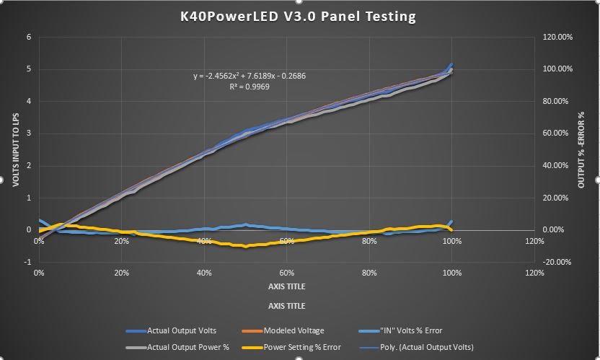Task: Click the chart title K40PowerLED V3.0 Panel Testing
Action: coord(298,16)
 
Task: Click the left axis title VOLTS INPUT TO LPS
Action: coord(14,149)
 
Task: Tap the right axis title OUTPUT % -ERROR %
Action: coord(581,150)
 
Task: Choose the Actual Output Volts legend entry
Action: coord(172,330)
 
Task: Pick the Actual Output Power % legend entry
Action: coord(177,347)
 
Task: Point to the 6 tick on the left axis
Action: coord(29,37)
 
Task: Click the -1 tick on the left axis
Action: coord(28,262)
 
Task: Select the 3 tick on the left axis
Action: coord(29,133)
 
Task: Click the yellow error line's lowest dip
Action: coord(246,247)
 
